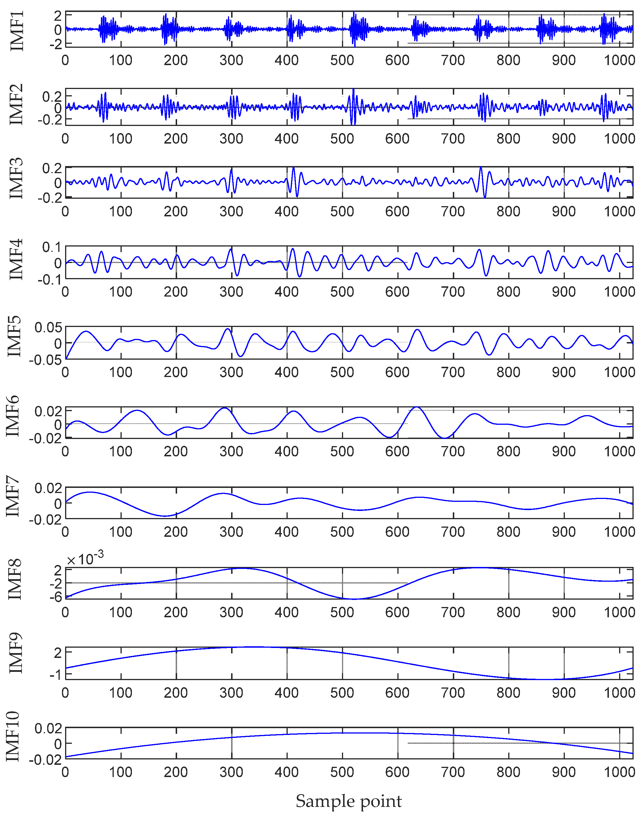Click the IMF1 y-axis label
(x=16, y=30)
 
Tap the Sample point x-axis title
(x=349, y=801)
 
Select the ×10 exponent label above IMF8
(x=85, y=559)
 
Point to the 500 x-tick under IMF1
(x=342, y=60)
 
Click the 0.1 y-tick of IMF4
(x=51, y=247)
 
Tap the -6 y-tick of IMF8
(x=55, y=597)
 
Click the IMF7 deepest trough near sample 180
(x=165, y=516)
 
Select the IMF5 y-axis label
(x=14, y=336)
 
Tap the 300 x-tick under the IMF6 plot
(x=231, y=451)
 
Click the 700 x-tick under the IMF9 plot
(x=453, y=693)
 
